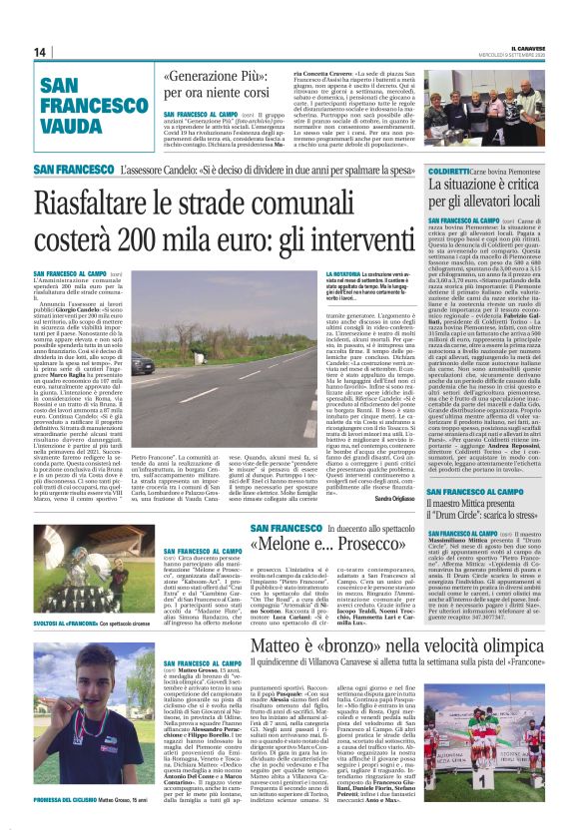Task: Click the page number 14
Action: (x=40, y=52)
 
